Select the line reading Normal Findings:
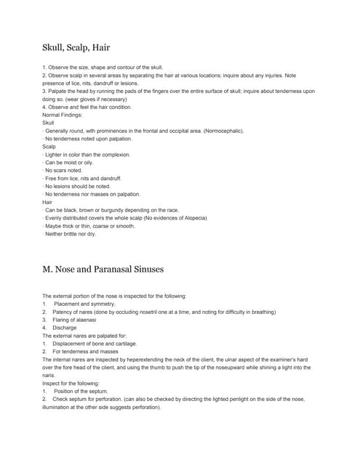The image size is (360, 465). (x=64, y=115)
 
